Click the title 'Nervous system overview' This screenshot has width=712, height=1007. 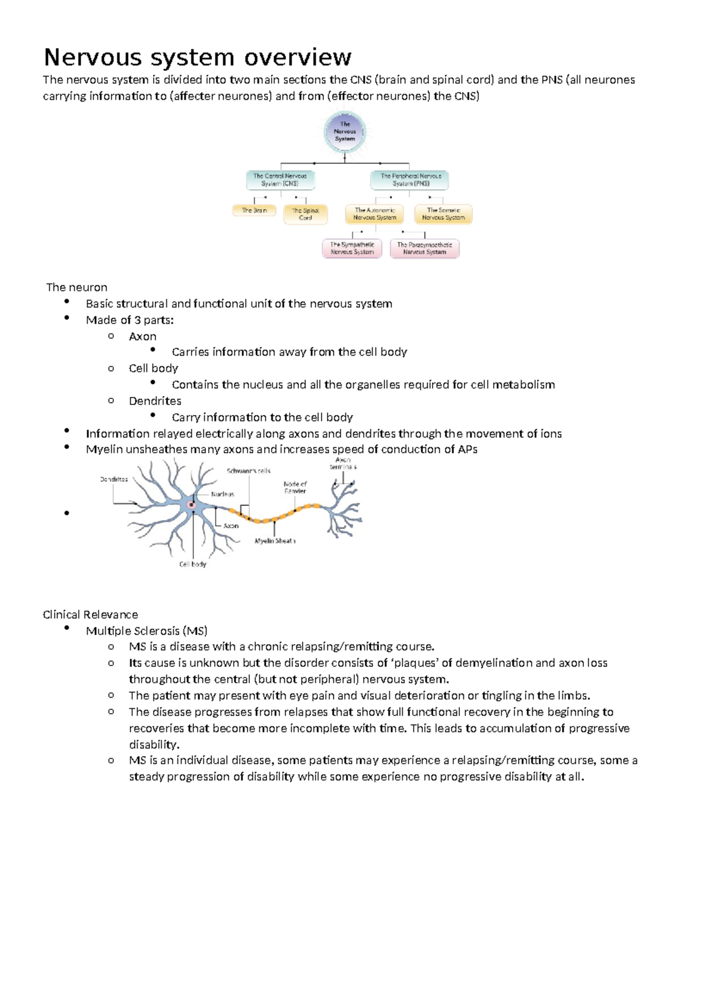point(198,58)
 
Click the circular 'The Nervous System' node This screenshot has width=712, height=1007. point(345,132)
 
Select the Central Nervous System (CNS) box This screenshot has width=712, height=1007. point(280,180)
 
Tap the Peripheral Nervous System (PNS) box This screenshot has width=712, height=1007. point(410,180)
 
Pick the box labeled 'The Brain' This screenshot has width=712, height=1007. point(254,210)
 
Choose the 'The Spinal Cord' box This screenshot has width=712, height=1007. point(306,214)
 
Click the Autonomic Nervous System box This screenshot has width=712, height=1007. point(374,214)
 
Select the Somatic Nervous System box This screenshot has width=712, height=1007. point(443,214)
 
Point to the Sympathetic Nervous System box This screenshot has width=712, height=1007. point(352,248)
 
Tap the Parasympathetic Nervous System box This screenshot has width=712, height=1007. point(424,248)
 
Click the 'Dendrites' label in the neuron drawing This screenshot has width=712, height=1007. point(114,479)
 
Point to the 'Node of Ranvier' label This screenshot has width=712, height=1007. point(295,487)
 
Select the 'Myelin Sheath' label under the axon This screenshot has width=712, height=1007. point(275,541)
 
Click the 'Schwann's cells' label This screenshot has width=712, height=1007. point(249,471)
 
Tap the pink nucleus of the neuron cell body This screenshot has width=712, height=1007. point(192,505)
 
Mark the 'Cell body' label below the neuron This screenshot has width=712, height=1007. point(193,564)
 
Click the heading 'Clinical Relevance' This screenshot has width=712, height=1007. point(90,615)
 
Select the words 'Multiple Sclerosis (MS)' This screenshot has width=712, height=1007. point(147,631)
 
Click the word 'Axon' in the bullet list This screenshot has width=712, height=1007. point(142,337)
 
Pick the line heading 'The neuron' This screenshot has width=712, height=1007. point(77,287)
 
